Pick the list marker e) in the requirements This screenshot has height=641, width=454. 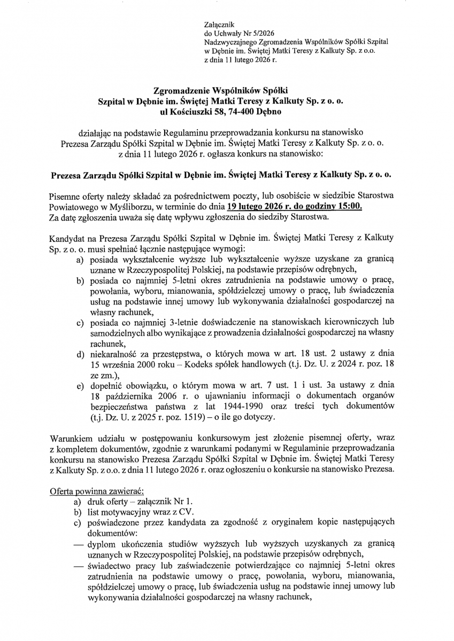pos(80,383)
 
